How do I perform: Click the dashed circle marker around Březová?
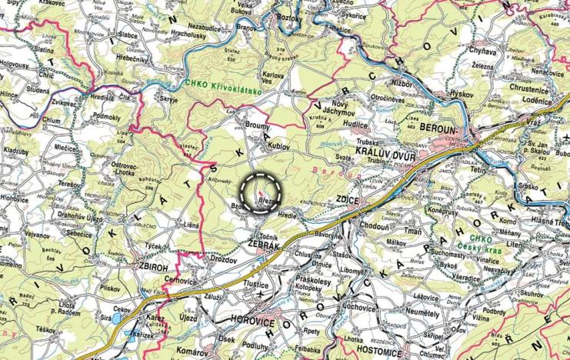[263, 188]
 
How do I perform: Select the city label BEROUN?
[443, 125]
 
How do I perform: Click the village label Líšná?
[191, 225]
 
